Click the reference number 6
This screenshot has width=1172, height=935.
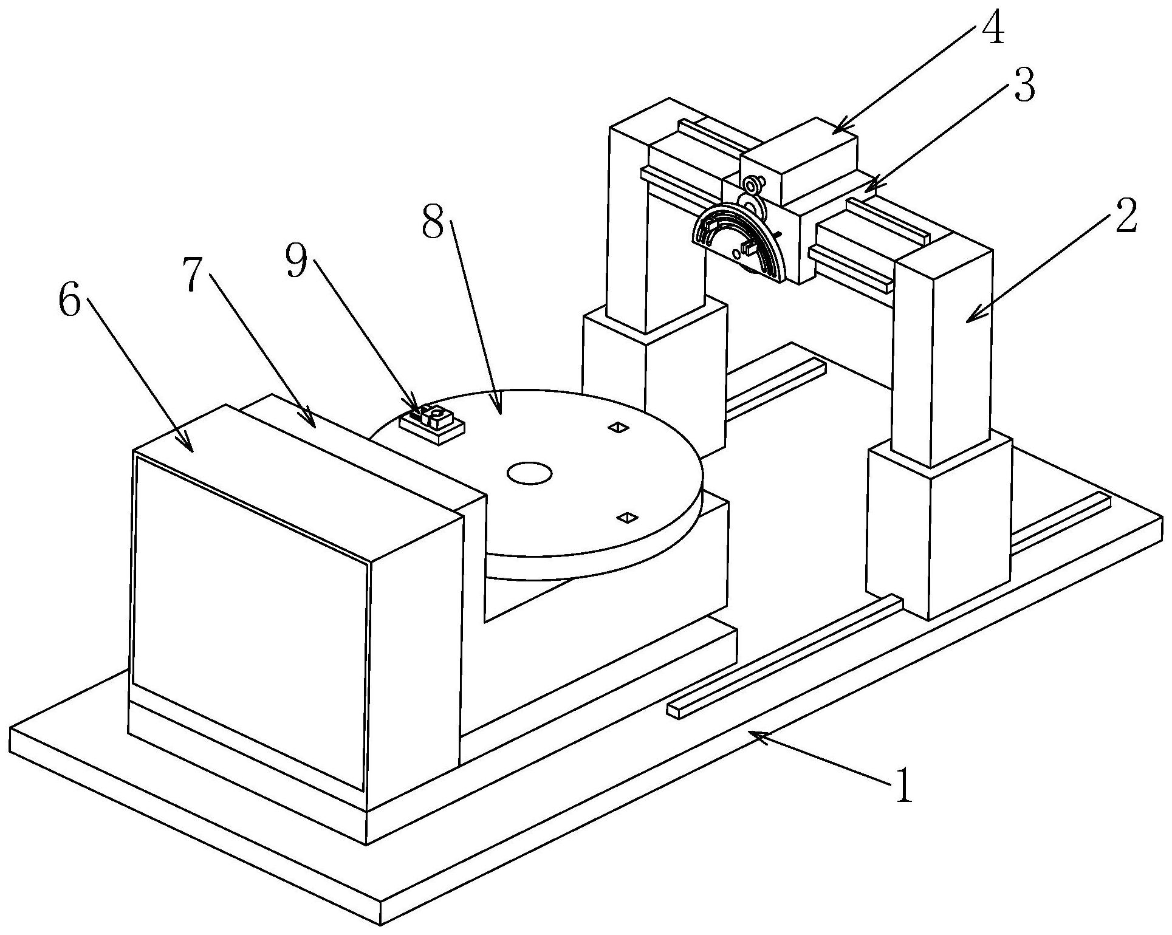click(69, 301)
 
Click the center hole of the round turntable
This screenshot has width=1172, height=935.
click(529, 473)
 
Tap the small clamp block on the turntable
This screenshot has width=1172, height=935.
click(433, 421)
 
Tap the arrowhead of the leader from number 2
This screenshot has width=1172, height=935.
click(967, 320)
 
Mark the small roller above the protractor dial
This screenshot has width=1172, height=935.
click(752, 183)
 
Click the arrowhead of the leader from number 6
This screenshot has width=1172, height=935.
click(192, 451)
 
